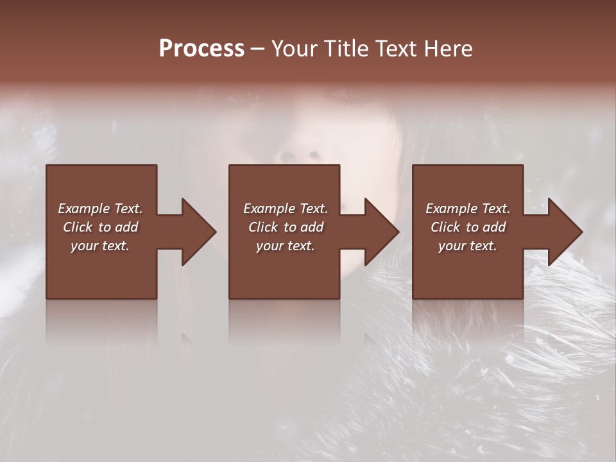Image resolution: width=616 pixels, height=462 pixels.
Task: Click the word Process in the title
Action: pyautogui.click(x=201, y=49)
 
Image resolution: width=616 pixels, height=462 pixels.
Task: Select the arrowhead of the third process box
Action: pyautogui.click(x=564, y=232)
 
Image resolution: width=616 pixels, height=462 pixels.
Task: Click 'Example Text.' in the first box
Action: pyautogui.click(x=100, y=209)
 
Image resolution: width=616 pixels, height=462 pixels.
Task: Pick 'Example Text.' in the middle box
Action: pyautogui.click(x=286, y=209)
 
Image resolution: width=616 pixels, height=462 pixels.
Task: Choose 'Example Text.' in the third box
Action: pyautogui.click(x=468, y=209)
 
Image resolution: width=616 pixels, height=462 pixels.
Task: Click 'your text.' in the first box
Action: pyautogui.click(x=100, y=246)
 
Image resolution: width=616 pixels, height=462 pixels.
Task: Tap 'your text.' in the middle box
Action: pyautogui.click(x=286, y=246)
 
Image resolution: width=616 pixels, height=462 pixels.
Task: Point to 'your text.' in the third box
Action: pyautogui.click(x=468, y=246)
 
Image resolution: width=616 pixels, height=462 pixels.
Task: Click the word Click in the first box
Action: pyautogui.click(x=78, y=227)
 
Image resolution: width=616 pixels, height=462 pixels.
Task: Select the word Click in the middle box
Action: pyautogui.click(x=264, y=227)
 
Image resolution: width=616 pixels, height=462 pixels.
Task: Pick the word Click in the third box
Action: pyautogui.click(x=446, y=227)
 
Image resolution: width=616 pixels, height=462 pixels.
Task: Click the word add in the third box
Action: pyautogui.click(x=495, y=227)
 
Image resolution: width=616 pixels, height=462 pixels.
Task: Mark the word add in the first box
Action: pyautogui.click(x=127, y=227)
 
